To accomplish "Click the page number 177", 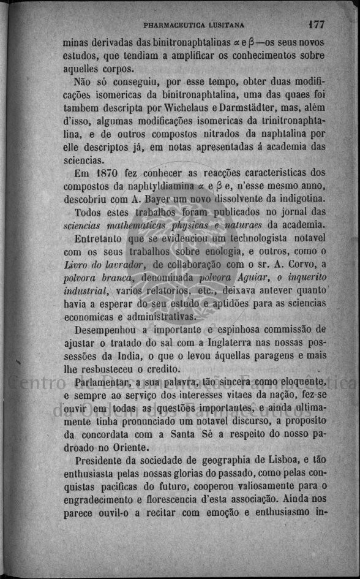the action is tap(317, 25).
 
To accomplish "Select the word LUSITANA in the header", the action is tap(225, 26).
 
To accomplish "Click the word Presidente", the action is tap(100, 461).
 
